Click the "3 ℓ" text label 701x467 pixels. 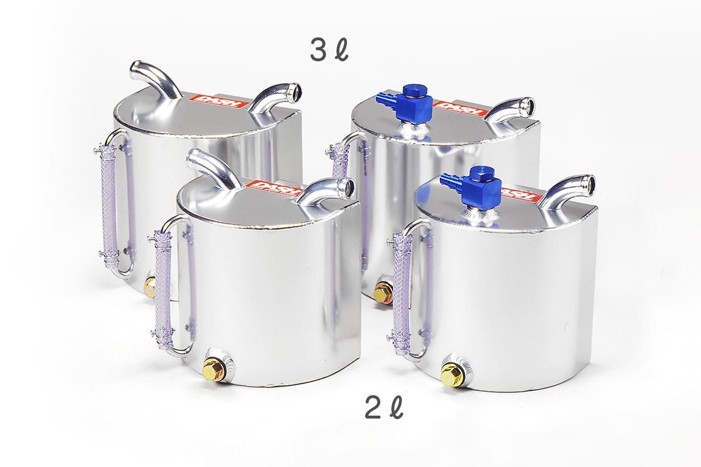[x=328, y=51]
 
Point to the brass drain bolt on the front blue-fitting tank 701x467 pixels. [x=452, y=374]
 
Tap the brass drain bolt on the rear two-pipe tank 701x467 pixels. [x=150, y=287]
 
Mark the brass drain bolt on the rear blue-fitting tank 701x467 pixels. [x=383, y=292]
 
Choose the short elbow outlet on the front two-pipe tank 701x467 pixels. [x=327, y=191]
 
